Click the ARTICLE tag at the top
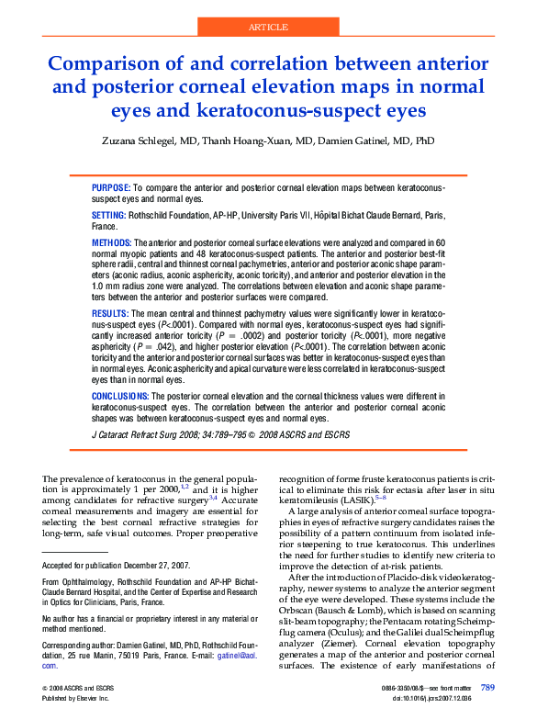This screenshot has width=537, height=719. tap(268, 28)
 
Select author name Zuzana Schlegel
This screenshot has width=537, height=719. tap(148, 142)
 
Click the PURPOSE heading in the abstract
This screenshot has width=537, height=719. tap(111, 187)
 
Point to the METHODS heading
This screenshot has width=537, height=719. tap(112, 242)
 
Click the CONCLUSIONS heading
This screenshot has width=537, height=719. tap(121, 397)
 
